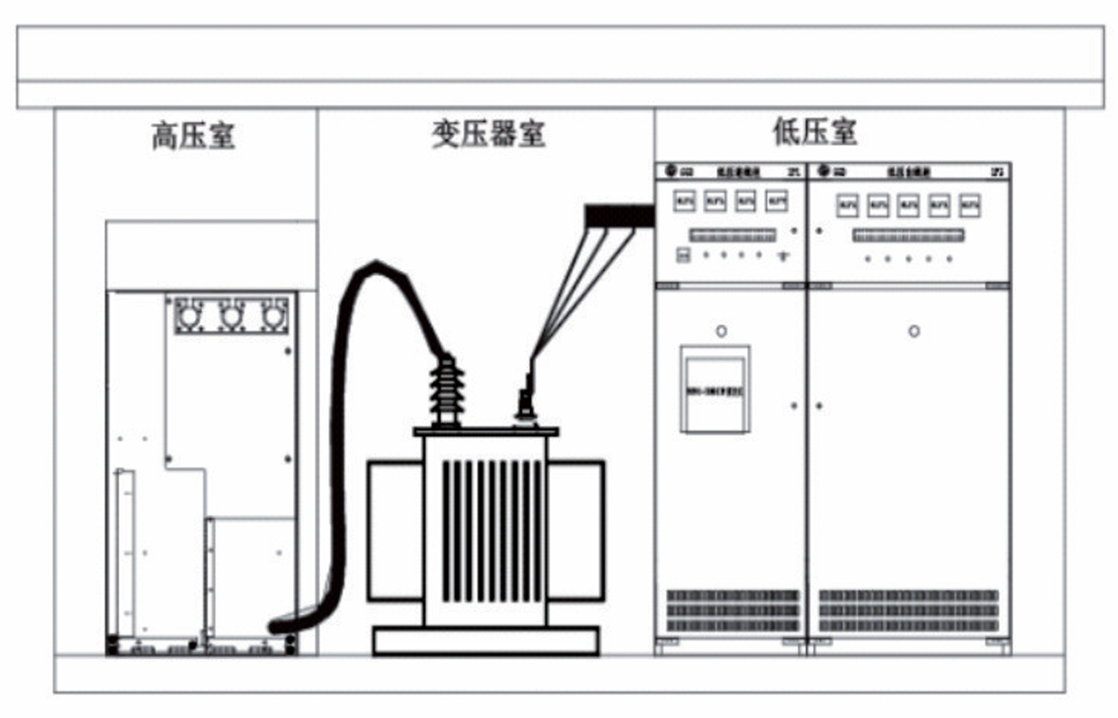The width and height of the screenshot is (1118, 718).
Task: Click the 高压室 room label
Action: pos(193,137)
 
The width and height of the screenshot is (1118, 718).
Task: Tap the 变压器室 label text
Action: pos(487,133)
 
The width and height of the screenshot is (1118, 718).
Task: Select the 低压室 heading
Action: pos(814,132)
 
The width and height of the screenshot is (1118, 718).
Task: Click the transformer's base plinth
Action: pos(486,641)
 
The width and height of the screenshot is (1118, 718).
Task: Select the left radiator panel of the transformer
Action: pos(395,530)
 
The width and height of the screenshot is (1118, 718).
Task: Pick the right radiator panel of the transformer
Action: pos(576,530)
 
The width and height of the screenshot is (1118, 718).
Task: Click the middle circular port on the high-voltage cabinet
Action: pos(231,315)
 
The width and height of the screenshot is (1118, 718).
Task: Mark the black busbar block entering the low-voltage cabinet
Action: pos(618,215)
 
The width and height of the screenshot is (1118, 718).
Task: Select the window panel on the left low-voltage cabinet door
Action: pos(715,389)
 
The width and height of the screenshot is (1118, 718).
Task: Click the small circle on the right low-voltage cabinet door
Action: pos(914,332)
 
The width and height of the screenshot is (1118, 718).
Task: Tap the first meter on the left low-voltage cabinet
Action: pos(685,202)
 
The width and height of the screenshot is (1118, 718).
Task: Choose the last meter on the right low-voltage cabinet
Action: pos(969,206)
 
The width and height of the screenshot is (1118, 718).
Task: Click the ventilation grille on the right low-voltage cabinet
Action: pos(909,611)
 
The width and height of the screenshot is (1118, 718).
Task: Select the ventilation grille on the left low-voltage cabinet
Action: pos(733,611)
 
